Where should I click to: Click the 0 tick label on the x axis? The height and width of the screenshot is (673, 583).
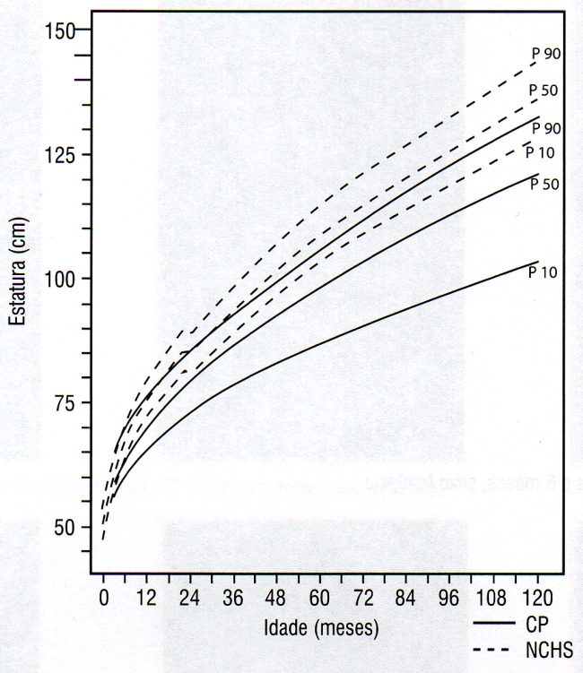tap(103, 596)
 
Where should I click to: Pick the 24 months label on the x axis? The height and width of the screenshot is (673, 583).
tap(189, 596)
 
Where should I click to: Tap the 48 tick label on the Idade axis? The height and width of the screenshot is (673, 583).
tap(276, 596)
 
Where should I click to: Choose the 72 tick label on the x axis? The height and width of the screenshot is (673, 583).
tap(363, 596)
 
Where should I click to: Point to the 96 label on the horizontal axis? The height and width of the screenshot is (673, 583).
tap(450, 596)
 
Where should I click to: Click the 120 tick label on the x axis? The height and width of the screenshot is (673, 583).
tap(536, 596)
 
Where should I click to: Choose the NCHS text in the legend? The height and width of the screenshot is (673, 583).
tap(545, 648)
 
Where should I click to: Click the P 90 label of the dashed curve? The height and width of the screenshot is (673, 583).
tap(546, 54)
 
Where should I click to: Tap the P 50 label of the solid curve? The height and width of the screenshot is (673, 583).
tap(544, 185)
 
